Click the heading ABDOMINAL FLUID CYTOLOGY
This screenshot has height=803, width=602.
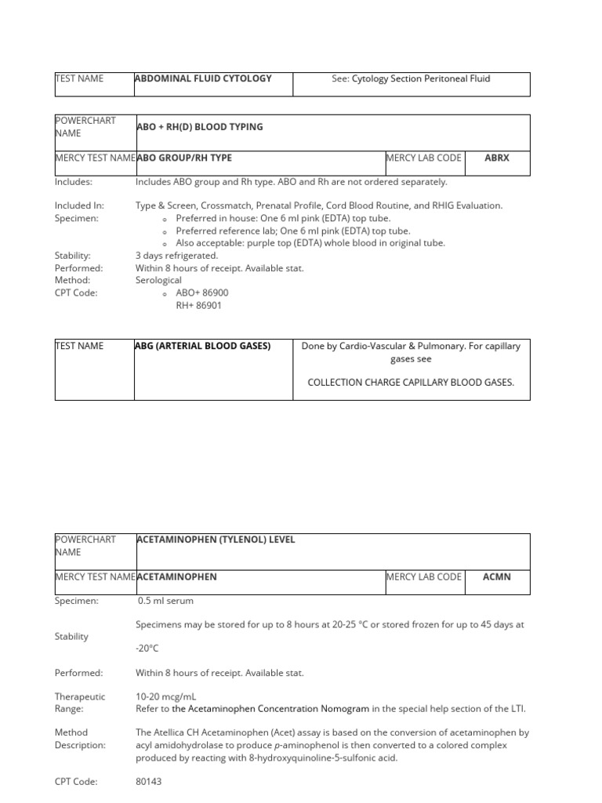pos(203,78)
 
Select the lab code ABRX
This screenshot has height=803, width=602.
pos(496,158)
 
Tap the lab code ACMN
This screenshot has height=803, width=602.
pos(496,576)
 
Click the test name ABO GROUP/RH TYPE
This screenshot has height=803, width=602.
pos(184,158)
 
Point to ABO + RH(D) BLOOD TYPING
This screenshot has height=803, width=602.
pos(199,127)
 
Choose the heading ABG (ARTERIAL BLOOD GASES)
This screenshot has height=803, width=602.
pos(202,346)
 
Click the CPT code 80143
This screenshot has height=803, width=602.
pos(149,782)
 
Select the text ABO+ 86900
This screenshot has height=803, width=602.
pos(202,292)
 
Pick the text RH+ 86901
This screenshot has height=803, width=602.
pos(198,305)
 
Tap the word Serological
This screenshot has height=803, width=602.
pos(158,280)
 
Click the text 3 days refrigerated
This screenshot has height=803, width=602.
pos(176,256)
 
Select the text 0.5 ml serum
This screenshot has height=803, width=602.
pos(165,601)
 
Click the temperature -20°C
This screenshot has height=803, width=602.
pos(147,649)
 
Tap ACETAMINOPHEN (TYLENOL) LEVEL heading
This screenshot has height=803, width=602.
pos(216,540)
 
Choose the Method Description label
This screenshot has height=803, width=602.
pos(80,739)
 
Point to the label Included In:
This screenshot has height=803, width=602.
pos(80,205)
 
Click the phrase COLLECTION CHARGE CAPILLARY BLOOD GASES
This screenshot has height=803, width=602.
pos(411,383)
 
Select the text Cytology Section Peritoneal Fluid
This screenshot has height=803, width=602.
pos(421,78)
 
